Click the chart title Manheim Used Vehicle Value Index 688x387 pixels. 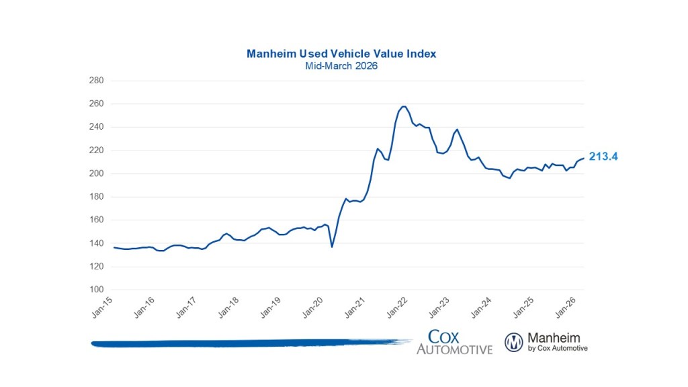(341, 54)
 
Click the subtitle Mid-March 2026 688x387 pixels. (341, 67)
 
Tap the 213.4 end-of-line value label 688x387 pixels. (603, 157)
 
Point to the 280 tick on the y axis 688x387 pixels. (97, 81)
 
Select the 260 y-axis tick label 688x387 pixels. (97, 104)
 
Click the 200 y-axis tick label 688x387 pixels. (97, 174)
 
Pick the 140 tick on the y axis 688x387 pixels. (97, 243)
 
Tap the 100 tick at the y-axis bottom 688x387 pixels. (97, 290)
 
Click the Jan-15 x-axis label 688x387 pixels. (103, 307)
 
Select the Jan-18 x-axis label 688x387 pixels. (229, 307)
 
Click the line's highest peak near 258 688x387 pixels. (403, 106)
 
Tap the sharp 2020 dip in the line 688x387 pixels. (332, 247)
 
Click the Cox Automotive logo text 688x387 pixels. (454, 342)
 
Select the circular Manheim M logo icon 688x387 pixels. (514, 342)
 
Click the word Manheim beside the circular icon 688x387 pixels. (554, 338)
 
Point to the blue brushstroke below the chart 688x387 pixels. (249, 343)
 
